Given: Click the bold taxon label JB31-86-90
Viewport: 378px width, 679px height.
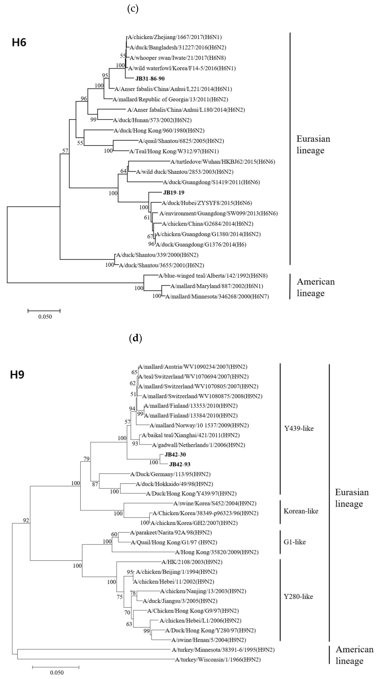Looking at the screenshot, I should coord(150,79).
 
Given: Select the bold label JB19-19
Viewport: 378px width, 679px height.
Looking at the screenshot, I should coord(174,193).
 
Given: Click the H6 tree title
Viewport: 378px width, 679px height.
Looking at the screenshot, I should coord(19,42).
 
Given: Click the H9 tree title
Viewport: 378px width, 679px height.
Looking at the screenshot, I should coord(17,375).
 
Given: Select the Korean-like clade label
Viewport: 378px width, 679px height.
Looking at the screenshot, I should coord(301,511).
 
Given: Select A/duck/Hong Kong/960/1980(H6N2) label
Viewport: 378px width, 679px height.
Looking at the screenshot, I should coord(159,130).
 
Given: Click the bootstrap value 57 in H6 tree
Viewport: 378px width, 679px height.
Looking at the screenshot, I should coord(65,151).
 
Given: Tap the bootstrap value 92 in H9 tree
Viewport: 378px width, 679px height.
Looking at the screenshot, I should coord(26,520).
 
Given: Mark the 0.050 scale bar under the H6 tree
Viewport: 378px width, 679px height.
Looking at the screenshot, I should coord(44,311).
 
